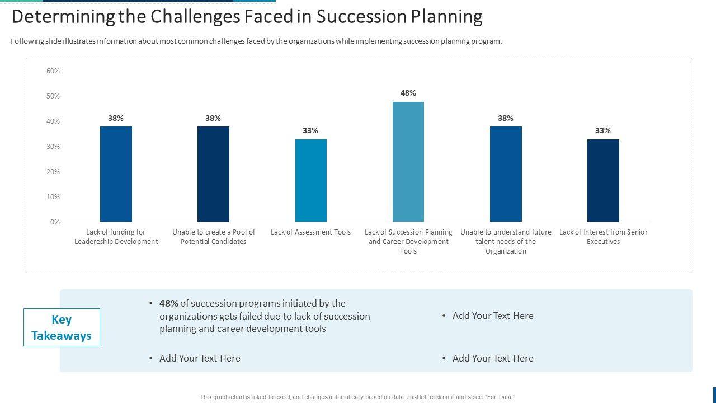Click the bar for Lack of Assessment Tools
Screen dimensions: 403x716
coord(310,180)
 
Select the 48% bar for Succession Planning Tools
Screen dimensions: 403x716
coord(408,162)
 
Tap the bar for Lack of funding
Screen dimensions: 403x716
coord(116,174)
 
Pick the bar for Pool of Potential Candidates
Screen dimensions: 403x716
coord(213,174)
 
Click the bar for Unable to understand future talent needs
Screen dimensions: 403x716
coord(506,174)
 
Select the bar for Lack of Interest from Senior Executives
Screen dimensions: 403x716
coord(603,180)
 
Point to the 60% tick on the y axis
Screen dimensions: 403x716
coord(53,71)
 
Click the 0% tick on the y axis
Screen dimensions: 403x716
coord(55,222)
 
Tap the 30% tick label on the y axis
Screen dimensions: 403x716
coord(53,147)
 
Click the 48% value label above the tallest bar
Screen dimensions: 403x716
coord(408,93)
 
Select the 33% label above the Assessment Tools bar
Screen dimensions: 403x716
coord(310,130)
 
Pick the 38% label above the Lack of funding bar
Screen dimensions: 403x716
coord(116,118)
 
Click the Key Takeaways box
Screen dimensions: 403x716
coord(62,327)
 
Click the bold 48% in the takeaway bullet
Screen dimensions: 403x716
coord(168,303)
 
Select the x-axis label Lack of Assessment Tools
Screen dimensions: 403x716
coord(310,232)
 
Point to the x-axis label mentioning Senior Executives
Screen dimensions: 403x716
coord(603,237)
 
